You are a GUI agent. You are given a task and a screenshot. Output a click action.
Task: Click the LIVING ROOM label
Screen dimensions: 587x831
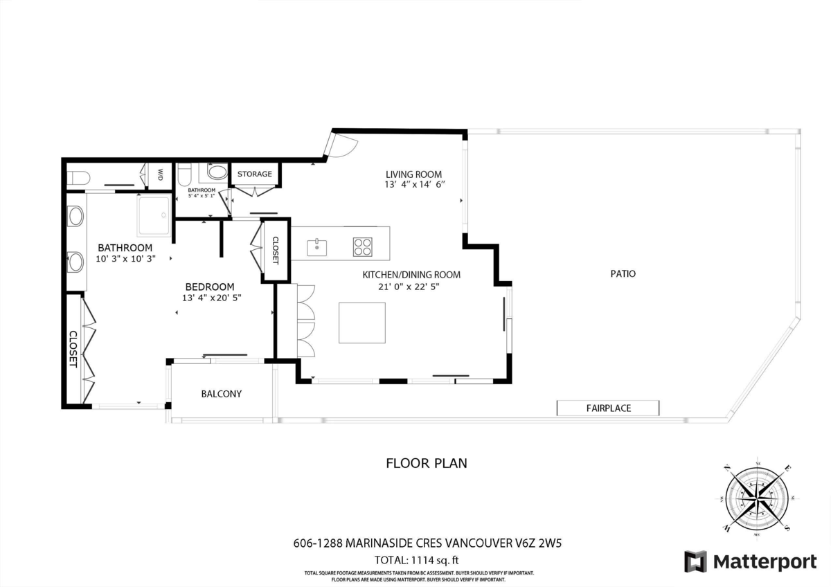tap(413, 174)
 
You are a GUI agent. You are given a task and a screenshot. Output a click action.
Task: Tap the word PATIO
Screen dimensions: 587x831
tap(623, 273)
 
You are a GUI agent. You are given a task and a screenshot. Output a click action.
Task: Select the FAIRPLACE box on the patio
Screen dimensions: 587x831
tap(608, 408)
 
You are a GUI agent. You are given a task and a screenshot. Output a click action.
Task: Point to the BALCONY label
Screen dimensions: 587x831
tap(221, 394)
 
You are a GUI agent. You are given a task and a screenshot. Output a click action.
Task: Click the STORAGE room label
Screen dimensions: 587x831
tap(255, 174)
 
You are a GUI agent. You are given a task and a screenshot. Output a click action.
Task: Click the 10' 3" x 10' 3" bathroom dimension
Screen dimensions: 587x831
tap(125, 258)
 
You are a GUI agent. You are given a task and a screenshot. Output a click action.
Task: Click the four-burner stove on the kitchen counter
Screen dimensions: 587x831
tap(363, 246)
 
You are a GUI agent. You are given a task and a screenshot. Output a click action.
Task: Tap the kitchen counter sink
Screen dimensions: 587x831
tap(317, 246)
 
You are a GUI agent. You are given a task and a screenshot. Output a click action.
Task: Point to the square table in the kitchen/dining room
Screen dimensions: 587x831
tap(361, 322)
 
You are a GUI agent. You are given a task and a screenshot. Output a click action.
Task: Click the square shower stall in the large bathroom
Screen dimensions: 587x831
tap(154, 215)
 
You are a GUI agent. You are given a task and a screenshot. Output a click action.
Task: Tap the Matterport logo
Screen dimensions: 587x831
tap(751, 562)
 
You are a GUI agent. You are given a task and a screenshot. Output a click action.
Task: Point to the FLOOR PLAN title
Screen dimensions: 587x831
tap(426, 463)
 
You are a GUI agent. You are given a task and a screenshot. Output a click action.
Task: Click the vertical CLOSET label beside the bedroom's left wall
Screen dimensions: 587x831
tap(72, 348)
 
